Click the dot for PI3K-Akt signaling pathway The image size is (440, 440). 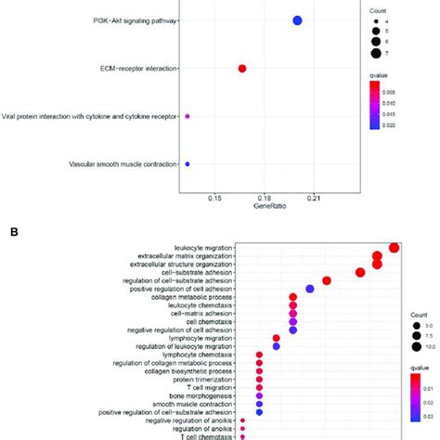(298, 20)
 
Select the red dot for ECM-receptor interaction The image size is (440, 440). (242, 69)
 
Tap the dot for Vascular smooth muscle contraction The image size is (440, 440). (188, 164)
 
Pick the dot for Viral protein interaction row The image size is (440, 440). (188, 116)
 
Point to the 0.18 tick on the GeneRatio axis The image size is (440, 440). (264, 197)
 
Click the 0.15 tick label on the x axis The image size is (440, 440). (214, 197)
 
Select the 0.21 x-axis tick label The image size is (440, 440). (313, 197)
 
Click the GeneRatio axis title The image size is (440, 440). (264, 206)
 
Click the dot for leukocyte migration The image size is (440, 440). (395, 247)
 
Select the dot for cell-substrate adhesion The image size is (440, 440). (360, 272)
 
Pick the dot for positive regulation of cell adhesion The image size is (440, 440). (309, 289)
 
